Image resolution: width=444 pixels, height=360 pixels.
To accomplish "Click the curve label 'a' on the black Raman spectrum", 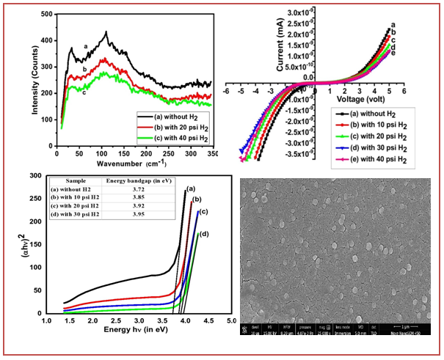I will pos(86,45).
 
